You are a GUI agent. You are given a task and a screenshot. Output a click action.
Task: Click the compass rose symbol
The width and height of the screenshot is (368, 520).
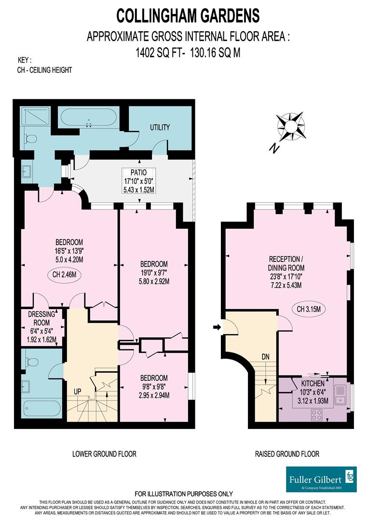(291, 125)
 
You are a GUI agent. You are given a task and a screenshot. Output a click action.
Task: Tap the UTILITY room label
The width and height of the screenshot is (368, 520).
(160, 128)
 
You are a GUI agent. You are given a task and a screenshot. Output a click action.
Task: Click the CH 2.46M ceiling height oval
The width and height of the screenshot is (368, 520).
(65, 275)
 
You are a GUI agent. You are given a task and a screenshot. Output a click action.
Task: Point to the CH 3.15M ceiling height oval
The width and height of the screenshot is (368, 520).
(309, 309)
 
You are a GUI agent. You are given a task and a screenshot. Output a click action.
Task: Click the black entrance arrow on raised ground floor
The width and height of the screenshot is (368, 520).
(217, 327)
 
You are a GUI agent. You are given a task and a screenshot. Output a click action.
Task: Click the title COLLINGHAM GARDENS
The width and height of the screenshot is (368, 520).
(189, 15)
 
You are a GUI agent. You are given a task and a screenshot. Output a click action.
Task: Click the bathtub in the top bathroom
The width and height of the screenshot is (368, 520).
(90, 118)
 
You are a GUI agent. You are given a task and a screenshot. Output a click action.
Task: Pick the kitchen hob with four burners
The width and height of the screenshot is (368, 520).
(317, 414)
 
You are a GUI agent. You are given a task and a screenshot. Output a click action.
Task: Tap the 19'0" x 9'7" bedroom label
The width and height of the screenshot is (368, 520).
(154, 273)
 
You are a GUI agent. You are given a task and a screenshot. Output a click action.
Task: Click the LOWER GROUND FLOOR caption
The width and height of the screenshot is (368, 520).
(104, 454)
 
